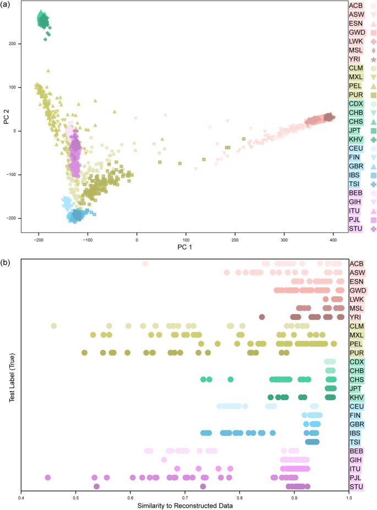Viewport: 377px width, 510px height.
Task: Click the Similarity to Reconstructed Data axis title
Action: pyautogui.click(x=185, y=505)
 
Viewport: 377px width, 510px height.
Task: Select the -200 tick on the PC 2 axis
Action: pyautogui.click(x=12, y=218)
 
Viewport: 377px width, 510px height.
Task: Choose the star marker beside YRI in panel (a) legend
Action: pyautogui.click(x=373, y=59)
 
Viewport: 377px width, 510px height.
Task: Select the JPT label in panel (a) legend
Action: pyautogui.click(x=356, y=131)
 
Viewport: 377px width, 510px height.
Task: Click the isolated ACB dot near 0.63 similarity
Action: pyautogui.click(x=145, y=263)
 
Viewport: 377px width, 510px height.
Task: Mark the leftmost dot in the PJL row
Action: pyautogui.click(x=48, y=477)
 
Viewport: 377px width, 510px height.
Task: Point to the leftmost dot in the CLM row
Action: pyautogui.click(x=54, y=325)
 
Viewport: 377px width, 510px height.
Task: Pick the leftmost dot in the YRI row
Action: pyautogui.click(x=262, y=317)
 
